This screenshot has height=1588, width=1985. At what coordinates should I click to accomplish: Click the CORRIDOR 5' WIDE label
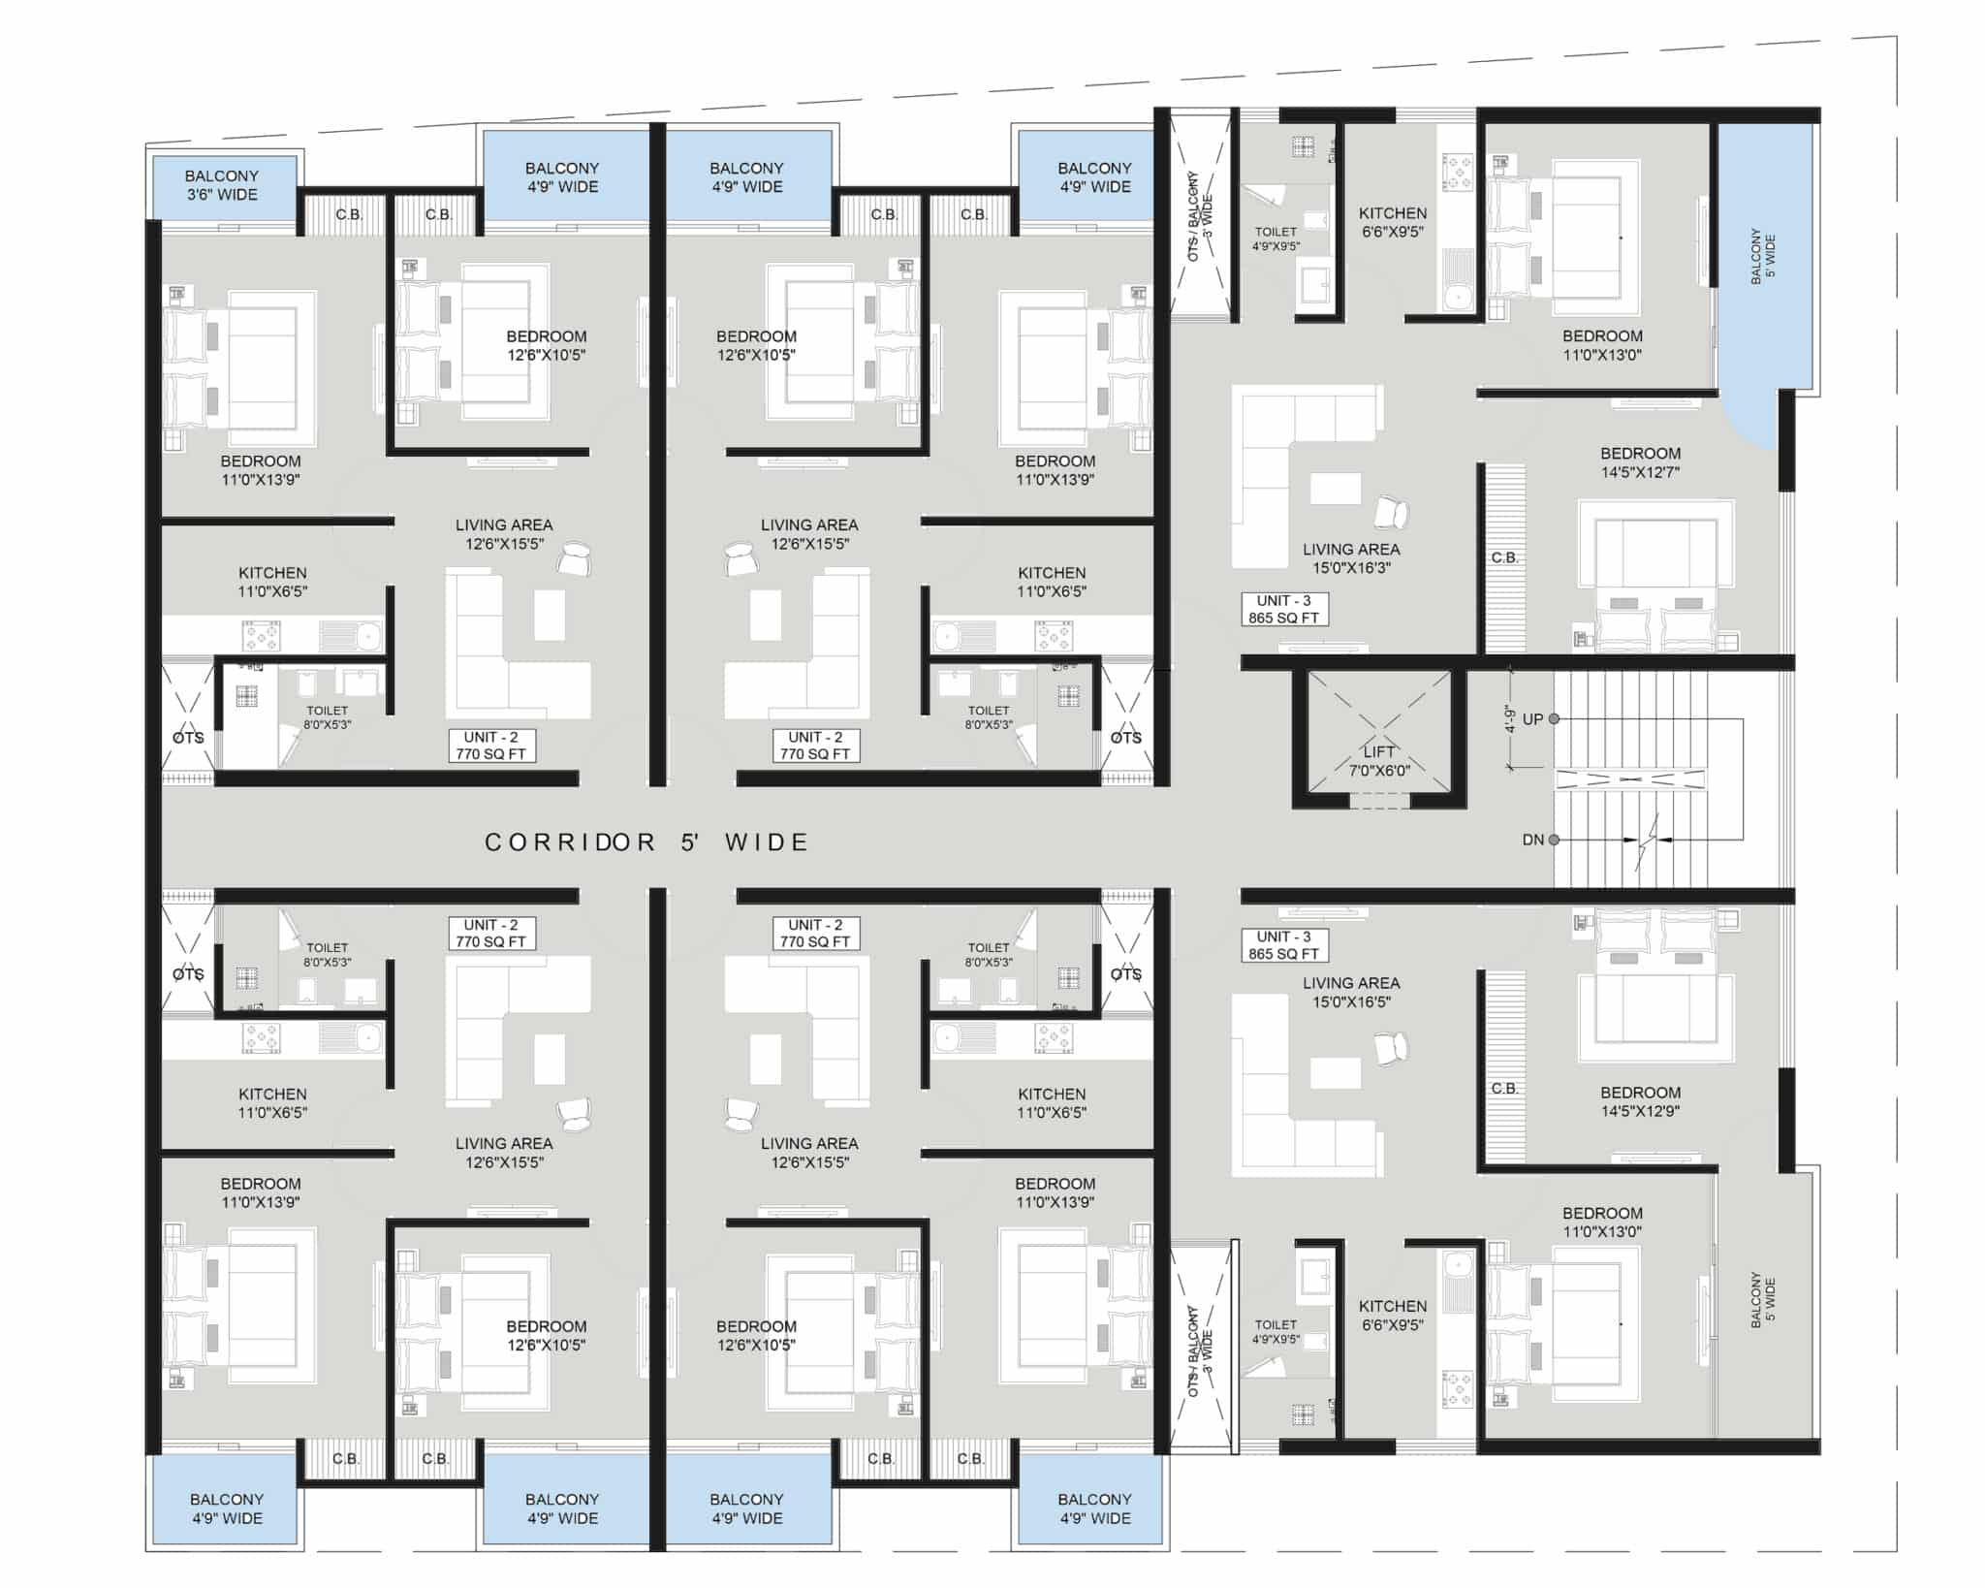(x=646, y=842)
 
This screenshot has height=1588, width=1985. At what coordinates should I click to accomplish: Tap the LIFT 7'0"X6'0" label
(x=1379, y=761)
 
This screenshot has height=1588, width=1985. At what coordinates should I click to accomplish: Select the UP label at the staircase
(x=1532, y=719)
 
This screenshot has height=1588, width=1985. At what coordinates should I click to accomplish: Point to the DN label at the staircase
(x=1532, y=840)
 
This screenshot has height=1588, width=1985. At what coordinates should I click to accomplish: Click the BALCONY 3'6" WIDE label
(x=222, y=185)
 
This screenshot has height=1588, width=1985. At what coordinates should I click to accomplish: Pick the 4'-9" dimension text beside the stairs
(x=1510, y=718)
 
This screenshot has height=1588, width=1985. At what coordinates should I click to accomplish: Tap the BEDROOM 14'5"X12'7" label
(x=1640, y=462)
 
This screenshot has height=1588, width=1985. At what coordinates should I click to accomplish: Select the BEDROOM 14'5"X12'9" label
(x=1640, y=1101)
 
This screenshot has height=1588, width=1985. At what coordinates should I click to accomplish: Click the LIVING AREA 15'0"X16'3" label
(x=1351, y=558)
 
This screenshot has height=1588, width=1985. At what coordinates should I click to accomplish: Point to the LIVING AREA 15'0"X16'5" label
(x=1351, y=992)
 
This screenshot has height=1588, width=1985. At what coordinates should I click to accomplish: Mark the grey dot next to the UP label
(x=1554, y=719)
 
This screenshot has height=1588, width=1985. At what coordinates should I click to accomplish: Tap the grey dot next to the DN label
(x=1554, y=840)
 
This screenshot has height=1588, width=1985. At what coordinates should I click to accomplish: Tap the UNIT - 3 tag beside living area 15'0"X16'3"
(x=1284, y=609)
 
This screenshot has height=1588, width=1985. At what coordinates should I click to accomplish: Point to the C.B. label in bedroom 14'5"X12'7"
(x=1504, y=558)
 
